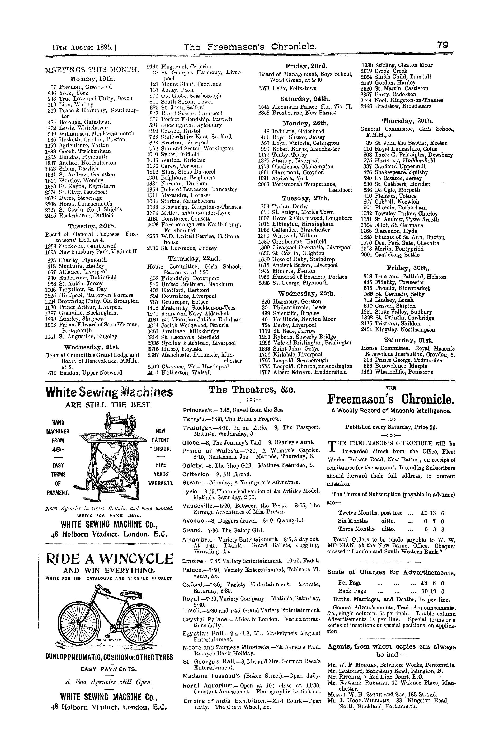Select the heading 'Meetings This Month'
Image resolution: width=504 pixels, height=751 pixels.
pos(92,70)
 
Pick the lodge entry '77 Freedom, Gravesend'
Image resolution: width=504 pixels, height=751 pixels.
pos(81,87)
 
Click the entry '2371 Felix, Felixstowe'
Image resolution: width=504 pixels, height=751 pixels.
pos(287,88)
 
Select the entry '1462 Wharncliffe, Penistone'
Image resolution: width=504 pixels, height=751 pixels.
pos(397,372)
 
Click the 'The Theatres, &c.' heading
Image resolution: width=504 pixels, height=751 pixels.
pos(252,390)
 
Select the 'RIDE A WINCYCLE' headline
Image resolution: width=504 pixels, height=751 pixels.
pos(110,559)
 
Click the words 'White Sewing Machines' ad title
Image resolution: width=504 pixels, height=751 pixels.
pos(109,392)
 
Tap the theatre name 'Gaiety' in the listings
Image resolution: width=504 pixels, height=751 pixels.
pos(192,465)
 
